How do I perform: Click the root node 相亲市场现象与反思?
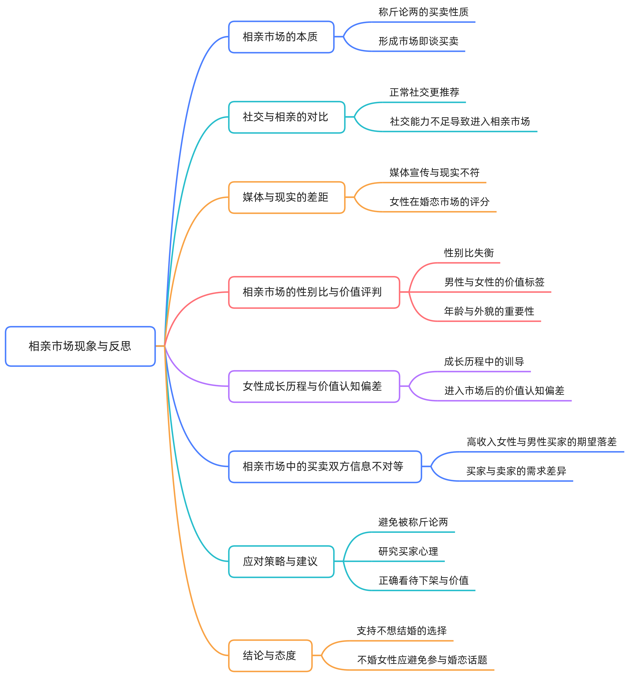point(80,346)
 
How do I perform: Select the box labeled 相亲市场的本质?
point(281,37)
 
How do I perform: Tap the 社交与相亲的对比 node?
point(286,117)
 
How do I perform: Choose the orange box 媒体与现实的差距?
point(286,198)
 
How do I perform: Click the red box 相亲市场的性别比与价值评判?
point(314,292)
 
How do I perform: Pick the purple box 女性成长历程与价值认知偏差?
point(314,386)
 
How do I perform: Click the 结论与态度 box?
point(270,655)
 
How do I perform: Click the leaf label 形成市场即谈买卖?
point(418,41)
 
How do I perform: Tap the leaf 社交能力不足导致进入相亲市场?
point(459,122)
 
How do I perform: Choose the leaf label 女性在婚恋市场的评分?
point(439,202)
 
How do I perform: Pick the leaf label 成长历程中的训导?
point(484,361)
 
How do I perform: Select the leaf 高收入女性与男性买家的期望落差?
point(541,442)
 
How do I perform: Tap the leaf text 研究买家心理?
point(408,552)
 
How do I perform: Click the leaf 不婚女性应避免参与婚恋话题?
point(422,660)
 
